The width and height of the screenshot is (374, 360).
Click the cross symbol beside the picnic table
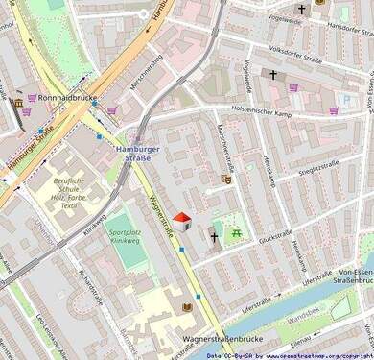coord(214,235)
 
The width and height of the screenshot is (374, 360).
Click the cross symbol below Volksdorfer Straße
coord(273,74)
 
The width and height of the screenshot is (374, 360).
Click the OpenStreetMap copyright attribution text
coord(289,354)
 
